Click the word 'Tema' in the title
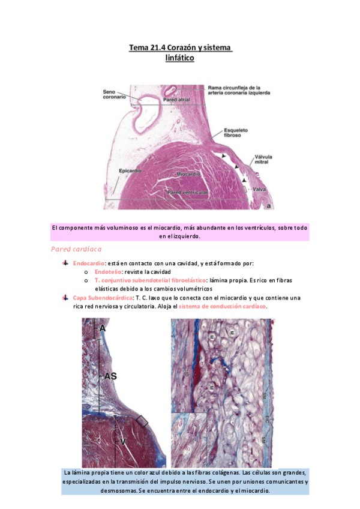click(x=139, y=47)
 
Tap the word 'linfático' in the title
click(x=180, y=58)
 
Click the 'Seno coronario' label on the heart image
click(x=113, y=94)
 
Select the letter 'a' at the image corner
click(x=269, y=206)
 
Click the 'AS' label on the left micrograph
click(x=110, y=376)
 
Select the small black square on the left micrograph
click(x=142, y=421)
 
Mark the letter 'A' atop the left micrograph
click(x=103, y=328)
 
